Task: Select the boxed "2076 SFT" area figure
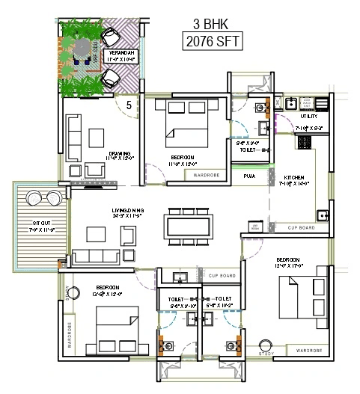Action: click(x=213, y=41)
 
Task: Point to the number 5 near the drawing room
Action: click(x=129, y=105)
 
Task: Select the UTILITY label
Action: click(x=309, y=117)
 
